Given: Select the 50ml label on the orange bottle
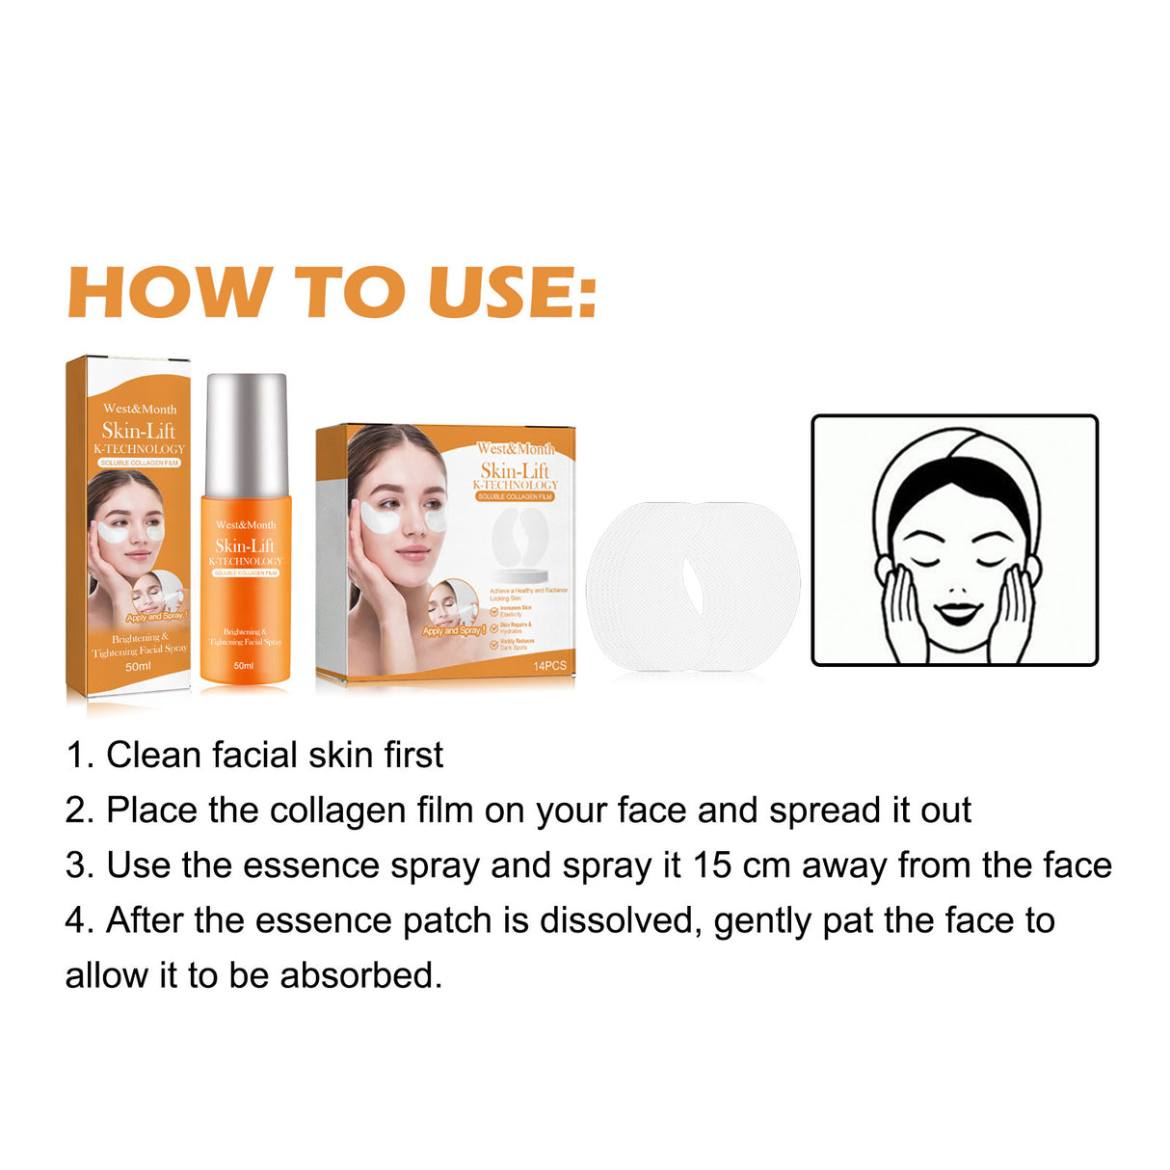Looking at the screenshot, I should [244, 666].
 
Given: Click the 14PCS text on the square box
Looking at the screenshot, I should [549, 666].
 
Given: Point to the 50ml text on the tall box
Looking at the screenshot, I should [138, 666].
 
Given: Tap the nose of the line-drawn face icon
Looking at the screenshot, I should [956, 588].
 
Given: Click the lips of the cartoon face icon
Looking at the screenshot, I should [956, 613].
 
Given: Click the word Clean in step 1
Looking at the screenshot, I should [154, 755].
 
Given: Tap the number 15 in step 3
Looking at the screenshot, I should [711, 865].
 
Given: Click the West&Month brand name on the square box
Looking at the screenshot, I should [516, 449].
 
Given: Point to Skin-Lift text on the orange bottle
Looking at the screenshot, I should [245, 545].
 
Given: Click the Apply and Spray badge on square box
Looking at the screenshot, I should [453, 630].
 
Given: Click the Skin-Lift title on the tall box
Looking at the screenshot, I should [139, 431].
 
